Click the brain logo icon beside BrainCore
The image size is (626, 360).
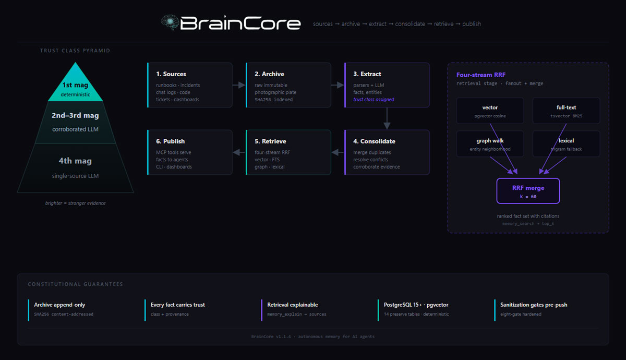click(x=170, y=22)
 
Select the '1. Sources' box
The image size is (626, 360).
click(x=190, y=85)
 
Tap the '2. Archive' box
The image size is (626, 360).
click(x=288, y=85)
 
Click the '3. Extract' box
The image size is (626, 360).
click(x=387, y=85)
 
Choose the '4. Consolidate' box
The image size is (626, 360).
click(x=387, y=152)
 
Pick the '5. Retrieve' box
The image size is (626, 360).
click(x=288, y=152)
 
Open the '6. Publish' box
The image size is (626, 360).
click(x=190, y=152)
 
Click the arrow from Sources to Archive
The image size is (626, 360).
click(x=239, y=85)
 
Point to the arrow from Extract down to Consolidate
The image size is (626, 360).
click(x=387, y=118)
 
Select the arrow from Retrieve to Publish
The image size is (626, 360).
click(x=239, y=152)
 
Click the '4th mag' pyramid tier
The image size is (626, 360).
click(x=76, y=167)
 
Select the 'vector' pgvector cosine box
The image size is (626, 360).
click(x=490, y=111)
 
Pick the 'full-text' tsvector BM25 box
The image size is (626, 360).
click(x=566, y=111)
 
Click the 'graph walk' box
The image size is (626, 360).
click(x=490, y=144)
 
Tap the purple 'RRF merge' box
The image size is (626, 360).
click(x=528, y=191)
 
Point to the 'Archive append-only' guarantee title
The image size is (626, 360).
click(x=59, y=305)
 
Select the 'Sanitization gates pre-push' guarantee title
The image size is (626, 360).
click(x=534, y=305)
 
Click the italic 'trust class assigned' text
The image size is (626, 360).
click(x=374, y=100)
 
